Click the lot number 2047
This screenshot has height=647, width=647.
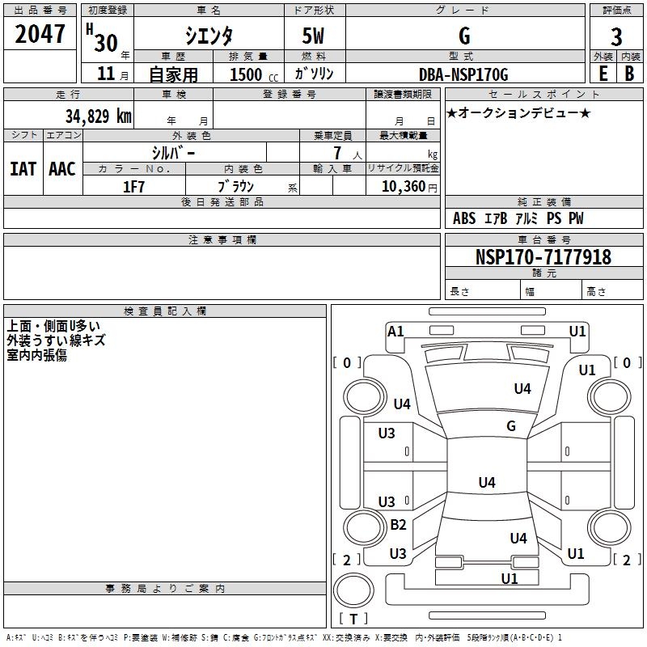pyautogui.click(x=40, y=34)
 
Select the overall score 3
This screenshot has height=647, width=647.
pyautogui.click(x=616, y=37)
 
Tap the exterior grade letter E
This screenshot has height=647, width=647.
pyautogui.click(x=603, y=74)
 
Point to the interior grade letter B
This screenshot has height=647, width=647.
pyautogui.click(x=629, y=74)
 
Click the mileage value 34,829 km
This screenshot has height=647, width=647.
pyautogui.click(x=98, y=116)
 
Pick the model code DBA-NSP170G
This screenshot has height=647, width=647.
pyautogui.click(x=463, y=74)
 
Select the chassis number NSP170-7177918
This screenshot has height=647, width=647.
pyautogui.click(x=543, y=256)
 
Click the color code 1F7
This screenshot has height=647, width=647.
pyautogui.click(x=133, y=187)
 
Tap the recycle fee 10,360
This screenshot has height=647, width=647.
pyautogui.click(x=403, y=187)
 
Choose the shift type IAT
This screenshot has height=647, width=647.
pyautogui.click(x=23, y=169)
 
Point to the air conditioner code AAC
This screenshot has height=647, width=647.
pyautogui.click(x=62, y=169)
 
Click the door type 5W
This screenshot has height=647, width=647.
pyautogui.click(x=313, y=36)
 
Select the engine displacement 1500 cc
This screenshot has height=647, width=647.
pyautogui.click(x=254, y=74)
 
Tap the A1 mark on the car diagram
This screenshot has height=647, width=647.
pyautogui.click(x=395, y=332)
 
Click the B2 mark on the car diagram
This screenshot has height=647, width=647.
pyautogui.click(x=398, y=524)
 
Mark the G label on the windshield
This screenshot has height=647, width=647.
pyautogui.click(x=511, y=425)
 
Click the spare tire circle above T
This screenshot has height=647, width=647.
pyautogui.click(x=353, y=590)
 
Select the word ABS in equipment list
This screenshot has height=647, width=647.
pyautogui.click(x=464, y=218)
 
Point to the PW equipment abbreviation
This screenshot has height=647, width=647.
pyautogui.click(x=576, y=218)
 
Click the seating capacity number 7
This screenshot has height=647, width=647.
pyautogui.click(x=337, y=153)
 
